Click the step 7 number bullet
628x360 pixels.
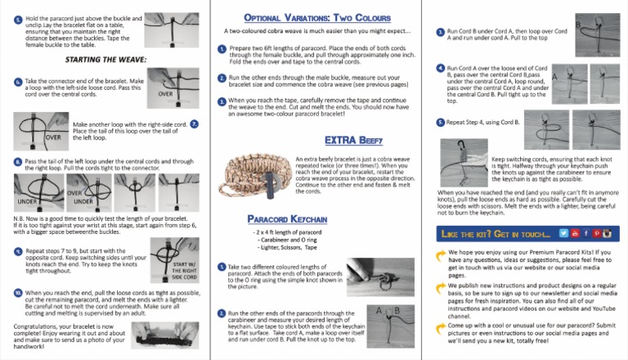(x=194, y=124)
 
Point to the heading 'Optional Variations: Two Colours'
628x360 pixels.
(x=314, y=16)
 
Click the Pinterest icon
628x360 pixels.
(x=590, y=234)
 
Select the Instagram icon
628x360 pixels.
(x=600, y=234)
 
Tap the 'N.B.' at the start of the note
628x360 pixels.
(x=20, y=219)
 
